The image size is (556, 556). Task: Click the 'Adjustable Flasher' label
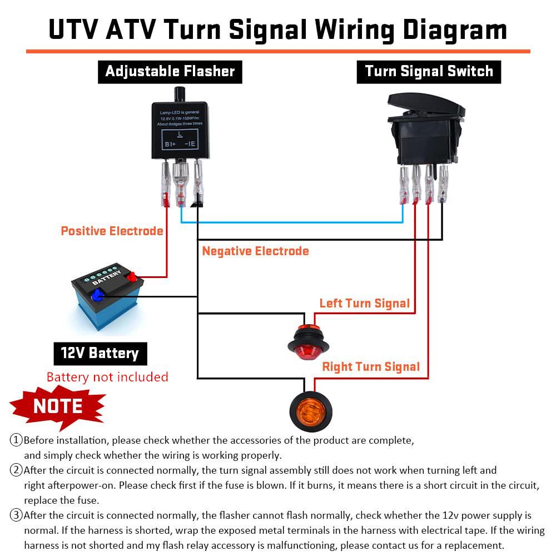pos(170,72)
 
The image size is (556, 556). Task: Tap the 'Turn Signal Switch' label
pos(429,72)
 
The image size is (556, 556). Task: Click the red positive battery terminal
pos(132,276)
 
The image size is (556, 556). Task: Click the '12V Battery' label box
pos(100,353)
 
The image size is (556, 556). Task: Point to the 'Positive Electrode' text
pos(112,231)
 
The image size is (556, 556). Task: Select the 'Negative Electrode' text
pos(255,251)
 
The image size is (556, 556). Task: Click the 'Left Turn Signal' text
pos(364,303)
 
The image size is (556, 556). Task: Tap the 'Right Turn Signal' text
pos(371,367)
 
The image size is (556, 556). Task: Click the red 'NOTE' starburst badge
pos(58,406)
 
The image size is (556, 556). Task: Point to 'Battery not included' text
pos(107,377)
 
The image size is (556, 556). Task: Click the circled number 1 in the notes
pos(16,440)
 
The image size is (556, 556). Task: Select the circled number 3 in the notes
pos(16,515)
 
